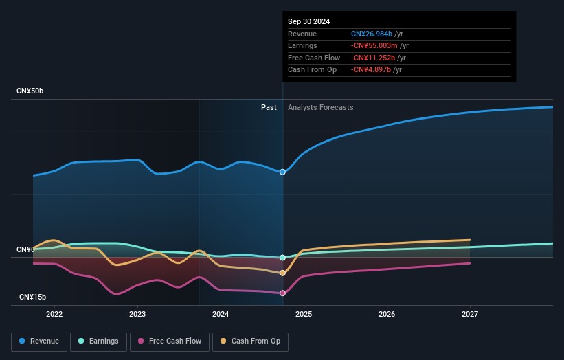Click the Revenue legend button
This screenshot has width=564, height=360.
[39, 341]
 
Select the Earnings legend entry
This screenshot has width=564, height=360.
[98, 341]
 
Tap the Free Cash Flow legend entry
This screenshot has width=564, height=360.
[170, 341]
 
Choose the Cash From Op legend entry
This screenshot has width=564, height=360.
[250, 341]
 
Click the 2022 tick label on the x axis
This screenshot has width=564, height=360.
[54, 315]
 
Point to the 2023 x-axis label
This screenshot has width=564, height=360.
[137, 315]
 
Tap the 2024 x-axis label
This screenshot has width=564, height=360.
[221, 315]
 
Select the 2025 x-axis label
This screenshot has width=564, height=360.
[304, 315]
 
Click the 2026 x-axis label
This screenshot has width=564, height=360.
[387, 315]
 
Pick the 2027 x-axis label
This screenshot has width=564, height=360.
[470, 315]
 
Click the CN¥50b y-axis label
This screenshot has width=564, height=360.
[30, 91]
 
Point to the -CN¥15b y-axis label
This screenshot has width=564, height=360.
[32, 297]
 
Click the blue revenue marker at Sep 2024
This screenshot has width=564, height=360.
[283, 172]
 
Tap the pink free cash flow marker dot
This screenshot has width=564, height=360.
[283, 293]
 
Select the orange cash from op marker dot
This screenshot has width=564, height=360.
[283, 273]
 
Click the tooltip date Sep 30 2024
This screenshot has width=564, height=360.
[308, 21]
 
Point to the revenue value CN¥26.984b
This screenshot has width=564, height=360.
[372, 34]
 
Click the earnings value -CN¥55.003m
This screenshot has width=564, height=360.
[374, 45]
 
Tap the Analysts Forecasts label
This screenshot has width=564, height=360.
[321, 107]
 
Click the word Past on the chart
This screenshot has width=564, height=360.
[269, 107]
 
